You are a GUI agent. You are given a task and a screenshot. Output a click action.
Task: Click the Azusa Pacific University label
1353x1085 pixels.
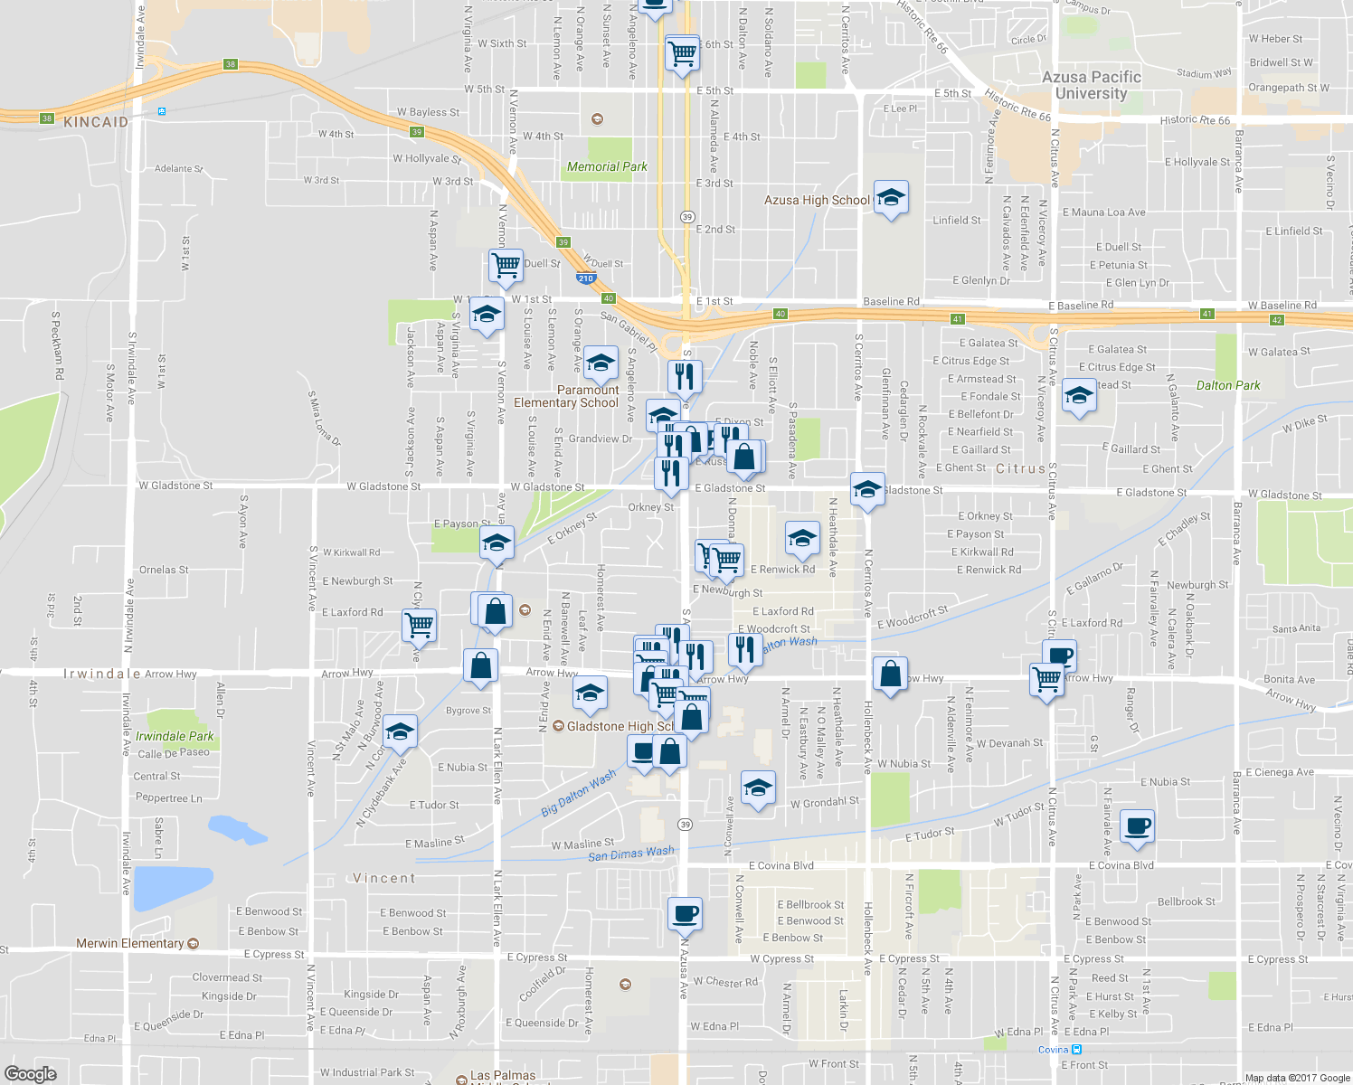pyautogui.click(x=1091, y=85)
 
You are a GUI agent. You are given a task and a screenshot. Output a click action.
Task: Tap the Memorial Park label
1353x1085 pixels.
pyautogui.click(x=607, y=166)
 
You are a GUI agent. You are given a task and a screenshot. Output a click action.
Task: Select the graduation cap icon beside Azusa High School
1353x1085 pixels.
pyautogui.click(x=891, y=198)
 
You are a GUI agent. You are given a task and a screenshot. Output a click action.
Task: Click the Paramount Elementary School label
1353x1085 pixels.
pyautogui.click(x=566, y=396)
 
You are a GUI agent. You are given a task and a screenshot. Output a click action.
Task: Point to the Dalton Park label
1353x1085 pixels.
pyautogui.click(x=1228, y=385)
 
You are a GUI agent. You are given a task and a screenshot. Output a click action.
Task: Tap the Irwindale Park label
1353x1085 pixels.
pyautogui.click(x=175, y=736)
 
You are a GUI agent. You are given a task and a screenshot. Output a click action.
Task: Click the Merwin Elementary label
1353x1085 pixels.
pyautogui.click(x=130, y=943)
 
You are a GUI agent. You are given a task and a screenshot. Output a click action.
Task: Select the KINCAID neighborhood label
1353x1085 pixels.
pyautogui.click(x=96, y=122)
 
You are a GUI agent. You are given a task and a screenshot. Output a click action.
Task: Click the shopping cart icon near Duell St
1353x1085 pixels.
pyautogui.click(x=506, y=266)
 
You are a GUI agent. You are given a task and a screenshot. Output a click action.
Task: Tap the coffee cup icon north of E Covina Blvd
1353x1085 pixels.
pyautogui.click(x=1137, y=825)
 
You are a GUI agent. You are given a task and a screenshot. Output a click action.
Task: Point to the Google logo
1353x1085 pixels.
pyautogui.click(x=30, y=1073)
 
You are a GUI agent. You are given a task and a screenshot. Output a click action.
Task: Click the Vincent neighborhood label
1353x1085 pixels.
pyautogui.click(x=384, y=878)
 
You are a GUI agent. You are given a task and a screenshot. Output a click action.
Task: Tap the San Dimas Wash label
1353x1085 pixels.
pyautogui.click(x=630, y=854)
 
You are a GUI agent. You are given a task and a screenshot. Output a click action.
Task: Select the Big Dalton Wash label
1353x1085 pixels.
pyautogui.click(x=578, y=793)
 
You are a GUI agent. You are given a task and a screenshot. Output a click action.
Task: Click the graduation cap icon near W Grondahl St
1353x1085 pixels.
pyautogui.click(x=758, y=787)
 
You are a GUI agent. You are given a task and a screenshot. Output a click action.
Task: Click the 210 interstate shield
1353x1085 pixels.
pyautogui.click(x=586, y=278)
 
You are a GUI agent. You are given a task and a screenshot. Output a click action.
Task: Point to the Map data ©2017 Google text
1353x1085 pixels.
pyautogui.click(x=1297, y=1078)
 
